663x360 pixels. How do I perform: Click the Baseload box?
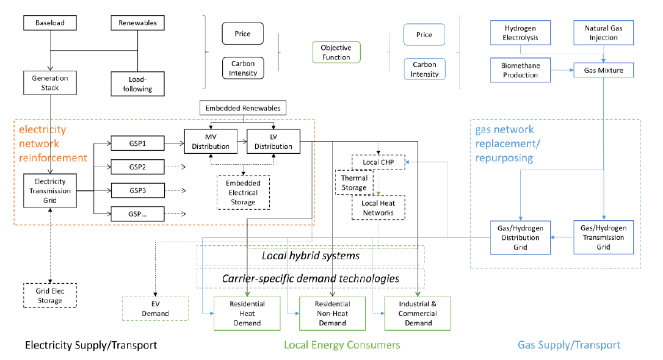point(50,23)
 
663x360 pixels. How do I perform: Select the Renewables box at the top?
point(138,23)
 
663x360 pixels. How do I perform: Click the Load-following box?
point(138,84)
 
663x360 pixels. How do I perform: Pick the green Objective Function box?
point(336,52)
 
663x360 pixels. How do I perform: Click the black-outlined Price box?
point(243,34)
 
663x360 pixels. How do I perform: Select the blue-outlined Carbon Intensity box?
point(424,70)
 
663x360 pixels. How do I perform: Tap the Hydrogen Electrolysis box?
point(520,33)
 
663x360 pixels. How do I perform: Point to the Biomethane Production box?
point(520,70)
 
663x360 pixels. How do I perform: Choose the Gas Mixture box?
point(603,70)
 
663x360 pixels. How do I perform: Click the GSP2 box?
point(138,167)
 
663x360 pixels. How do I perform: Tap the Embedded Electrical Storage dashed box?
point(243,192)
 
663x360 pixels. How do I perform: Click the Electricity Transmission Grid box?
point(50,190)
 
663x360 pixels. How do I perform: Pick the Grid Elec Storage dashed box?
point(50,295)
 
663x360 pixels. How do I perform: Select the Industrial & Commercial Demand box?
point(418,313)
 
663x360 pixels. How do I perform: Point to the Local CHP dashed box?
point(379,162)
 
